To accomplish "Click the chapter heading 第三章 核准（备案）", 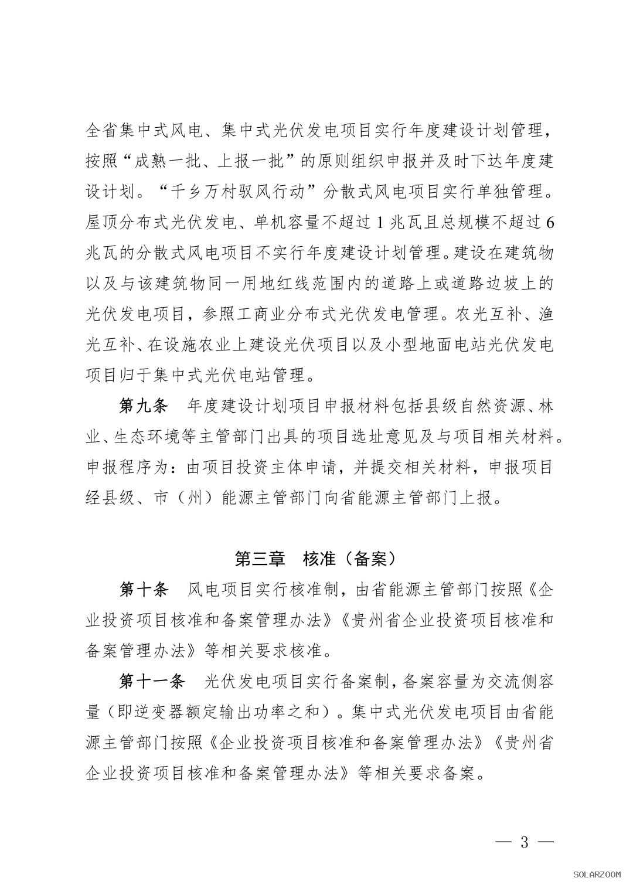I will pos(316,559).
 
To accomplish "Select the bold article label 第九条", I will pos(144,405).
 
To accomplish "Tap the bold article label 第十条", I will pos(144,590).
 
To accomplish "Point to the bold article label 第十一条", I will pos(152,681).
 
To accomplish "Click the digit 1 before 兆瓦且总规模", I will pos(380,222).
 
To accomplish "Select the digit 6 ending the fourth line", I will pos(549,222).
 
